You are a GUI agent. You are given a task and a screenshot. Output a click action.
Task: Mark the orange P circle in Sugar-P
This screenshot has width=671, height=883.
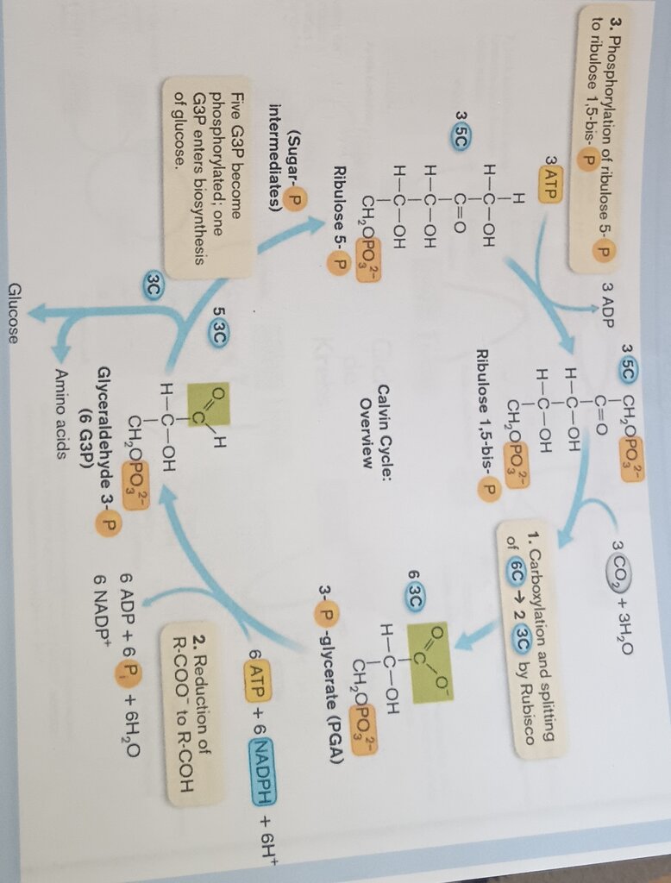pyautogui.click(x=296, y=197)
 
